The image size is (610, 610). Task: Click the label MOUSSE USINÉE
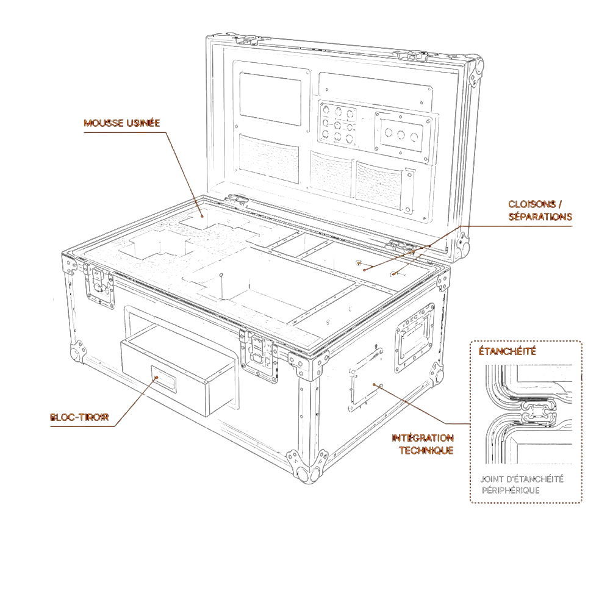point(122,123)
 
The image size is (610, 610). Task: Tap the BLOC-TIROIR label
point(79,417)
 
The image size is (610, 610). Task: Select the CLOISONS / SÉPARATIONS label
point(540,210)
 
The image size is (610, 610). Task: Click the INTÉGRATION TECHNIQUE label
point(423,444)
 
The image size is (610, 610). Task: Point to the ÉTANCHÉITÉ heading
point(508,351)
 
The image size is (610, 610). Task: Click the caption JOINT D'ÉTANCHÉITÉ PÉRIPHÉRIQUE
point(522,484)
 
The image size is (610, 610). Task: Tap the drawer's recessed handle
point(163,379)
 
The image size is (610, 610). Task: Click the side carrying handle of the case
point(415,338)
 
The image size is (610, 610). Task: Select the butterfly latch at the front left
point(99,284)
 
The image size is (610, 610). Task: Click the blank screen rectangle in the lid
point(270,99)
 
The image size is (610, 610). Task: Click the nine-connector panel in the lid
point(338,124)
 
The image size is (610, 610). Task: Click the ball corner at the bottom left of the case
point(78,352)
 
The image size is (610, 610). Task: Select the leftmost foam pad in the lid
point(269,158)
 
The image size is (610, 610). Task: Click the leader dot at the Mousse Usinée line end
point(203,216)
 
